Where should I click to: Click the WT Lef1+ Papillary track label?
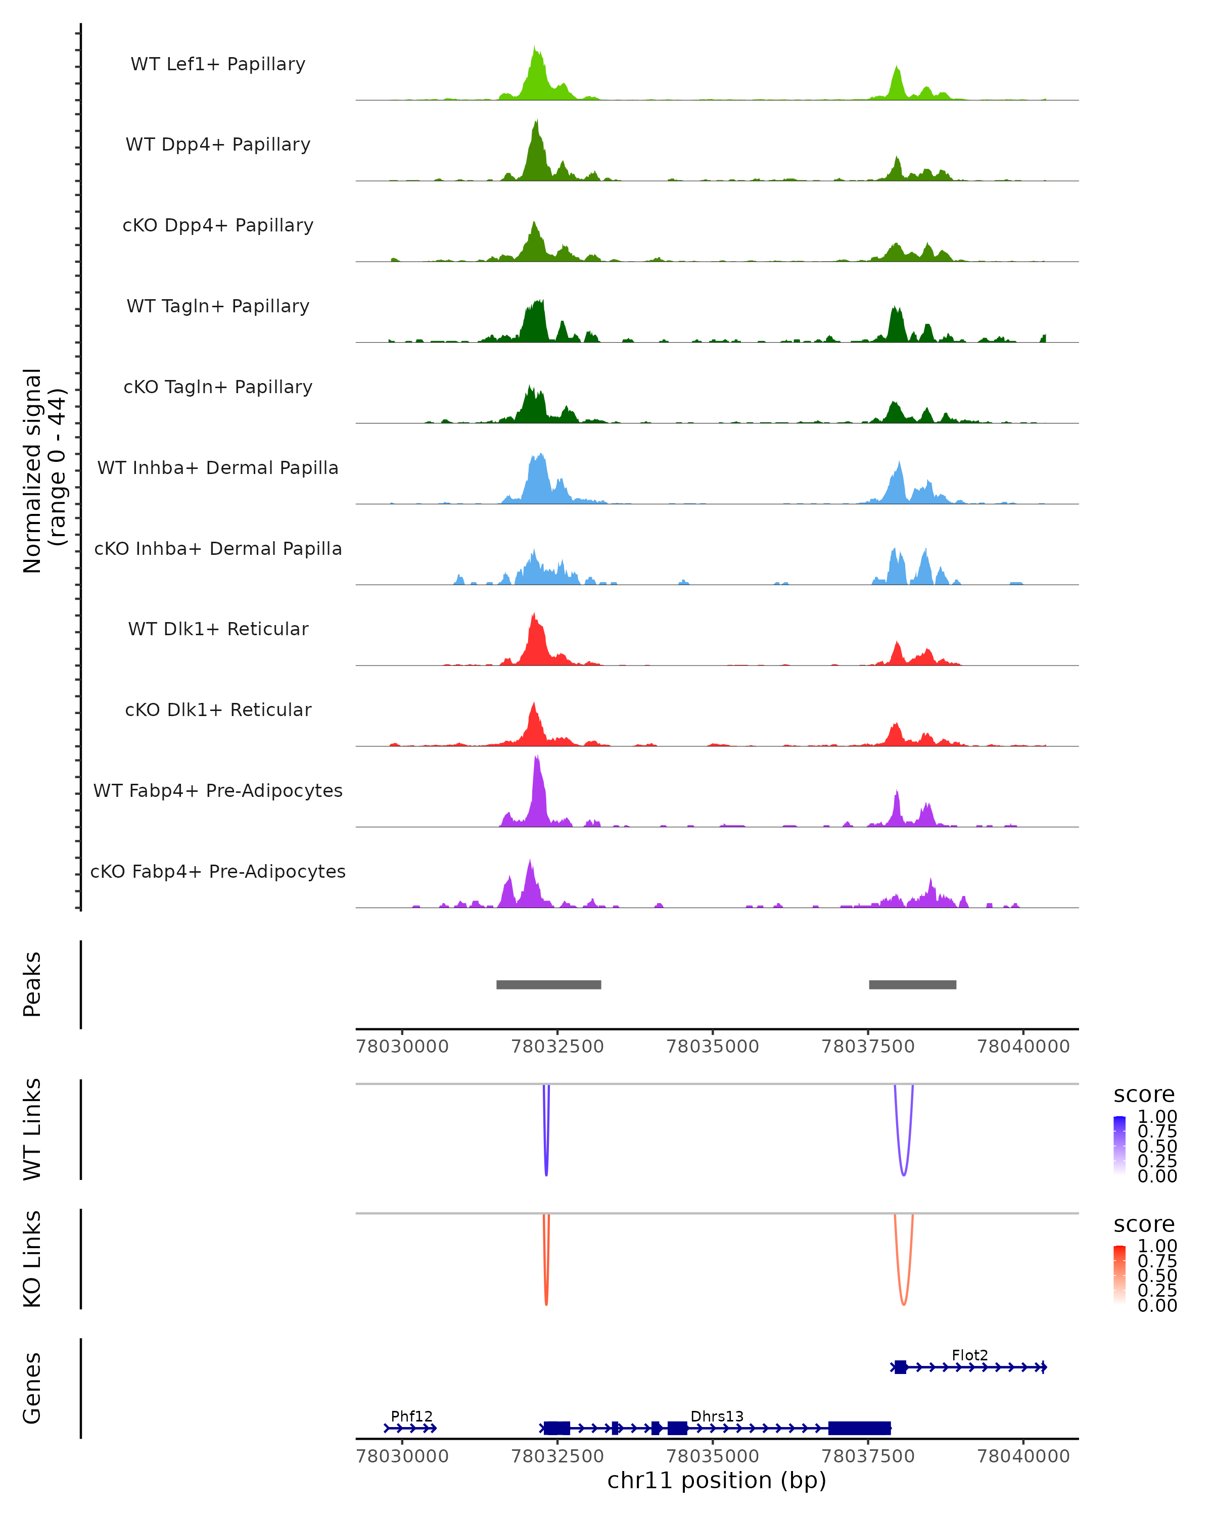pyautogui.click(x=218, y=64)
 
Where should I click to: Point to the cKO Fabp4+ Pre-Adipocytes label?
pyautogui.click(x=218, y=871)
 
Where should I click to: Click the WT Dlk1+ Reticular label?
pyautogui.click(x=218, y=629)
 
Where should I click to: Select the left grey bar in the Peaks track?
pyautogui.click(x=548, y=984)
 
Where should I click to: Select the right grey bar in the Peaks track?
pyautogui.click(x=912, y=984)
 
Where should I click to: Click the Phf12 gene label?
pyautogui.click(x=411, y=1416)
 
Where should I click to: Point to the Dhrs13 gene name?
pyautogui.click(x=717, y=1416)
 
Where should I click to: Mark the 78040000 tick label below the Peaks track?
pyautogui.click(x=1023, y=1047)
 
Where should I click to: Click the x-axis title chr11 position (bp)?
pyautogui.click(x=717, y=1480)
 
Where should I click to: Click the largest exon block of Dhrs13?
pyautogui.click(x=859, y=1428)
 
